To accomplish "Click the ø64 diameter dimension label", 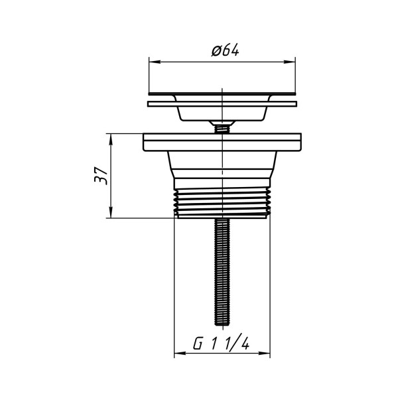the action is point(225,50).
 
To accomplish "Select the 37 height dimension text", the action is point(101,175).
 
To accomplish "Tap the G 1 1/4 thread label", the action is point(221,344).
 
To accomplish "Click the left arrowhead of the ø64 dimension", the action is point(155,62).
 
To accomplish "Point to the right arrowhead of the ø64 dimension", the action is point(290,62).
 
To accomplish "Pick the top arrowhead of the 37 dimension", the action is point(111,139).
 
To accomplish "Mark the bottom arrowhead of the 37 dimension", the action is point(111,212).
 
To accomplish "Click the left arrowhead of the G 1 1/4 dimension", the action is point(180,353).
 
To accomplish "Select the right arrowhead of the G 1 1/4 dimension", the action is point(264,353).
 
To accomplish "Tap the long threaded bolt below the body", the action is point(222,272).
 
